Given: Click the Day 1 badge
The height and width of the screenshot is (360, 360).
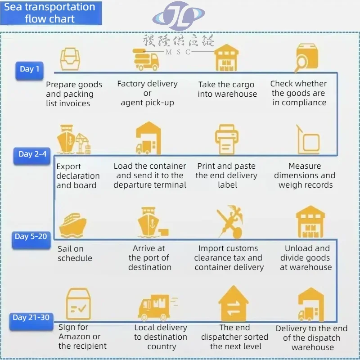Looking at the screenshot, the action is (x=30, y=70).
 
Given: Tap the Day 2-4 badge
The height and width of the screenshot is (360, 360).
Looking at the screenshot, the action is (x=32, y=154).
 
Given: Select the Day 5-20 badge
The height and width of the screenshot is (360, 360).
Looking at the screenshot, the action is (x=31, y=237).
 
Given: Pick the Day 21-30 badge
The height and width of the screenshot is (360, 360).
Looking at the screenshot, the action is (x=31, y=318).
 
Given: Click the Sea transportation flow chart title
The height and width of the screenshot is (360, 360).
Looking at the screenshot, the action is (x=50, y=13).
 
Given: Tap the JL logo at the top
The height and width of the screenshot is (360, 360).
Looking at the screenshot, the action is (x=179, y=17).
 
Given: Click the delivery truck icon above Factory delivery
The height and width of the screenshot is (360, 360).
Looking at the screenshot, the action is (x=147, y=59).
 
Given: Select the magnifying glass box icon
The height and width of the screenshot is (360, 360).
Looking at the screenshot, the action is (x=306, y=58).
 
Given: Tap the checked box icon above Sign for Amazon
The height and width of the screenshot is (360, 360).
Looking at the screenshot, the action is (x=78, y=305).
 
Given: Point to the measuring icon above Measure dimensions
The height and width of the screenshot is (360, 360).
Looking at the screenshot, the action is (x=308, y=139).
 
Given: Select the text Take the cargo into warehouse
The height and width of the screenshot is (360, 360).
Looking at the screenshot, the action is (x=227, y=89).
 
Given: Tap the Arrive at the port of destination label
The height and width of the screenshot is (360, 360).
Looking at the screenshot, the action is (x=149, y=258).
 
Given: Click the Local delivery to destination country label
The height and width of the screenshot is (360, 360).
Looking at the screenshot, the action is (x=161, y=337).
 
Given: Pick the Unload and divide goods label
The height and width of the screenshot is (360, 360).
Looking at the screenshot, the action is (x=306, y=258).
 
